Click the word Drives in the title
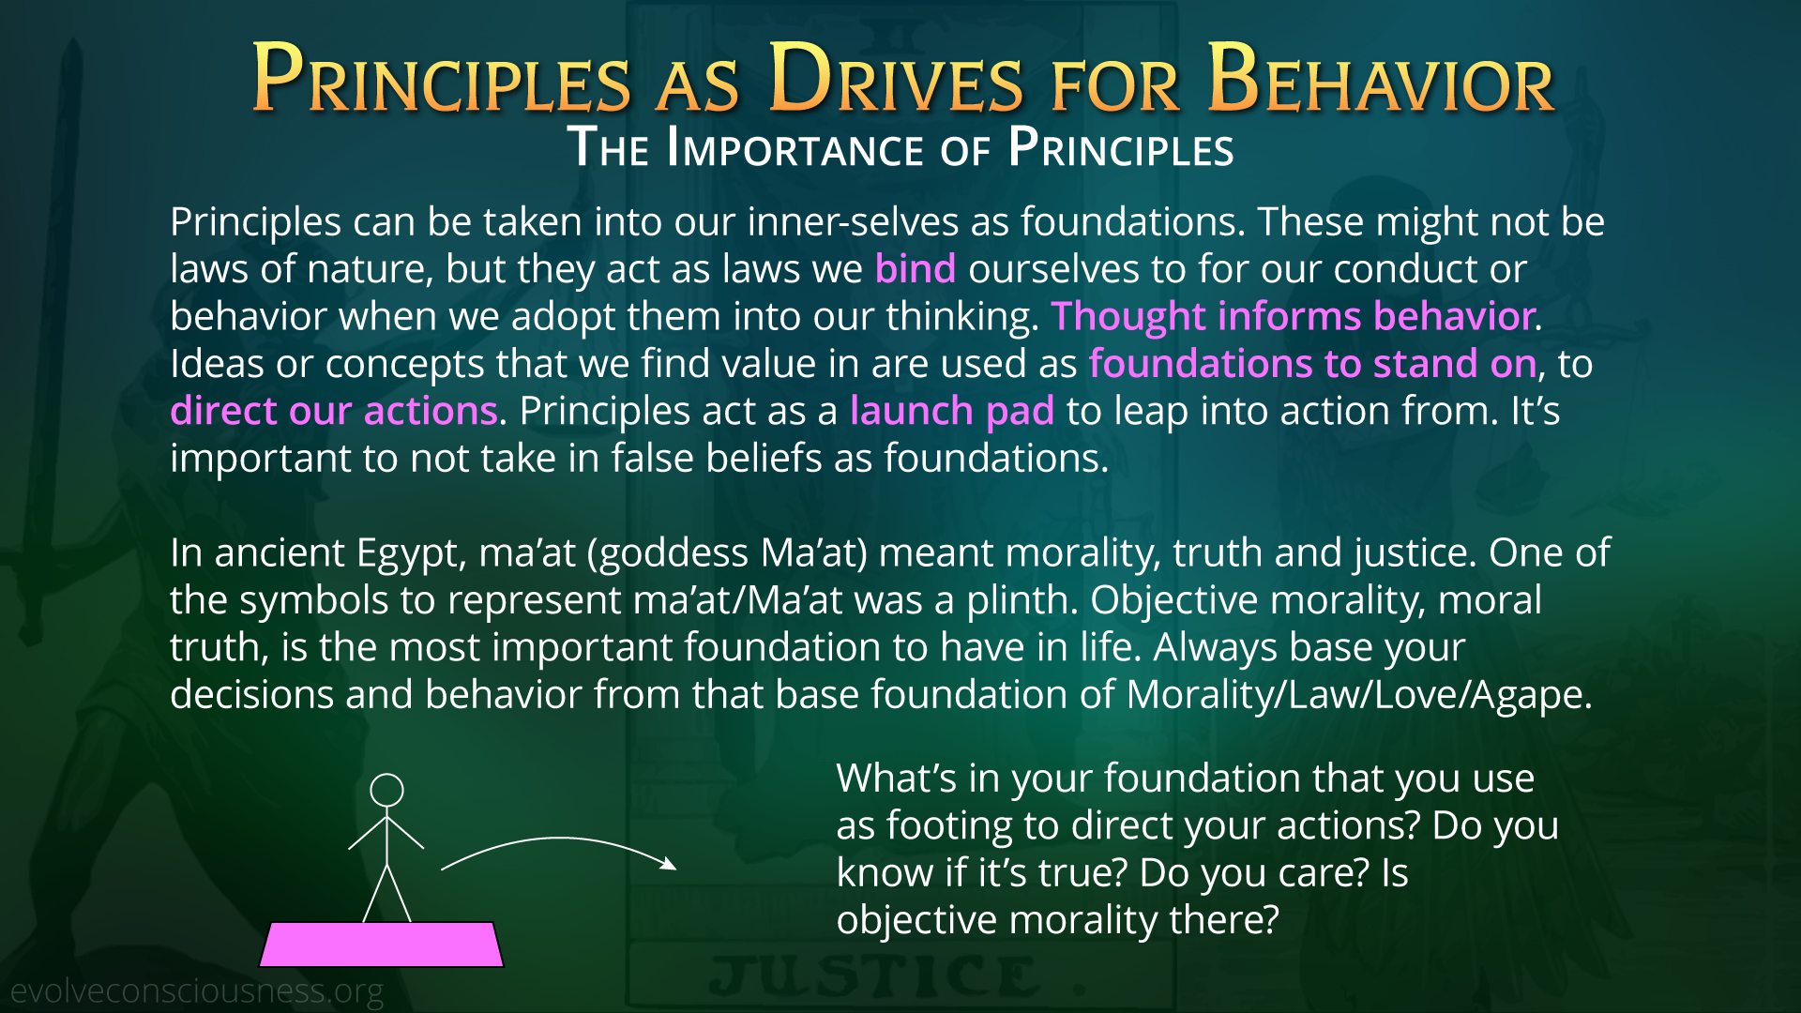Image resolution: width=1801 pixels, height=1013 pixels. pos(896,80)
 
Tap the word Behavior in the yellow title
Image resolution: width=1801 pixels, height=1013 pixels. pos(1381,80)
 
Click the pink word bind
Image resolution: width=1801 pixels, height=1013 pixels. pos(916,269)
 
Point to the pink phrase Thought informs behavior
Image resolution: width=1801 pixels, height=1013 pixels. pos(1294,317)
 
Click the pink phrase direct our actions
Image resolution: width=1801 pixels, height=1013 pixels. pos(334,411)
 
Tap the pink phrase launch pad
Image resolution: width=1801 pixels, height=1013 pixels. pos(952,412)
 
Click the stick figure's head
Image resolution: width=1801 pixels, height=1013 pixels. pos(386,790)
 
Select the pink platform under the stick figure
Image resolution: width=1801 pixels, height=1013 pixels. pos(382,944)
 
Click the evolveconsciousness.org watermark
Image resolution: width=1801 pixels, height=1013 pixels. pos(197,990)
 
